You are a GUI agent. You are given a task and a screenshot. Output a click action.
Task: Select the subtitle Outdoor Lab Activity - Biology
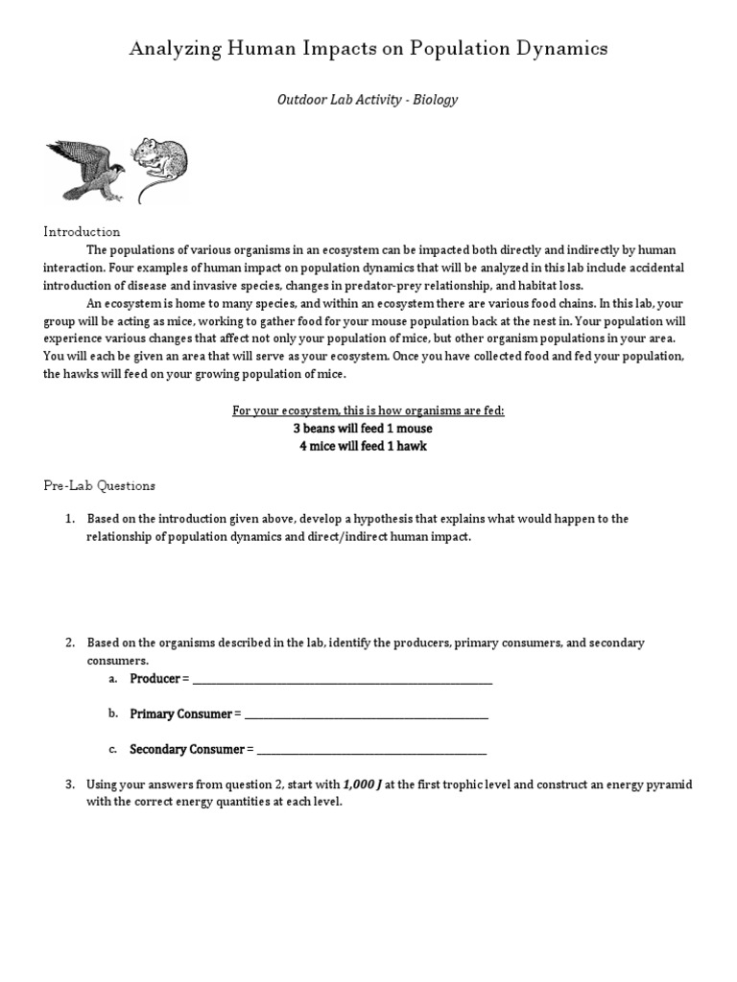(368, 100)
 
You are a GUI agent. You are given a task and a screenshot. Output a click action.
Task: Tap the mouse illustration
(159, 165)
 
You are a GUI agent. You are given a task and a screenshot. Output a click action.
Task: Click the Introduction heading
(82, 232)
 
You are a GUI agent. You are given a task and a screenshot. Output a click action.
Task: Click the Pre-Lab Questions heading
(99, 486)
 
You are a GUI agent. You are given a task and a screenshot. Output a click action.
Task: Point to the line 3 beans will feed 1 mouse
(368, 429)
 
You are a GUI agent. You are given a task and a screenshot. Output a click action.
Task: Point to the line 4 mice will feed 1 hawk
(368, 447)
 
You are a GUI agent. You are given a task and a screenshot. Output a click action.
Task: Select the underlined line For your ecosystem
(368, 410)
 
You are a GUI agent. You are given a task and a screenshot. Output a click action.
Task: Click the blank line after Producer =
(343, 680)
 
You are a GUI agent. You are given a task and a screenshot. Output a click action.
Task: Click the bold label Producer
(155, 679)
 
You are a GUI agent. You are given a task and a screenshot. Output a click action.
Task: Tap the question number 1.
(69, 519)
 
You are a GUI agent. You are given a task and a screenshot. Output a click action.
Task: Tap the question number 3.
(69, 784)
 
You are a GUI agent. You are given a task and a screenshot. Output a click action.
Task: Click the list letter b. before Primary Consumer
(112, 713)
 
